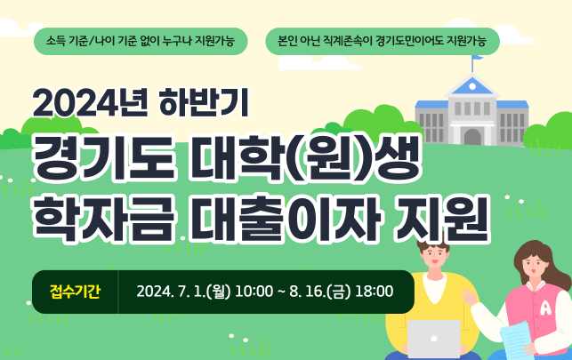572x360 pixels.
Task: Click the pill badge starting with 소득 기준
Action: tap(140, 41)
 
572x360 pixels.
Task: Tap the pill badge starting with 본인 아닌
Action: tap(383, 41)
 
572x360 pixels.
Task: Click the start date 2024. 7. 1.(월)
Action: tap(183, 292)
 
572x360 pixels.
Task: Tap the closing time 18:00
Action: tap(374, 292)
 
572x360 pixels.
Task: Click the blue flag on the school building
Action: tap(478, 59)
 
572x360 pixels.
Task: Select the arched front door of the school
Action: tap(472, 137)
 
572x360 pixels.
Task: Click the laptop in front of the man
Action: tap(434, 339)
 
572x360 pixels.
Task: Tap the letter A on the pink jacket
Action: tap(544, 308)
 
